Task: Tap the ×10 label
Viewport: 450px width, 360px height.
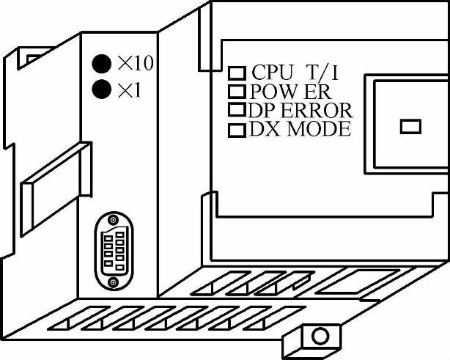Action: pos(135,64)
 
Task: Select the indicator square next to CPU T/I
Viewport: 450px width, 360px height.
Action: pos(236,73)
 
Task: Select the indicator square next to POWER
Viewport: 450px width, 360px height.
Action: pos(236,92)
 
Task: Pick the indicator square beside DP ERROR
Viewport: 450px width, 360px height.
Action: pos(236,111)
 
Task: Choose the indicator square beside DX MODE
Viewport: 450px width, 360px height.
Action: pos(236,131)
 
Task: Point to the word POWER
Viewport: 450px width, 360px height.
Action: pos(289,92)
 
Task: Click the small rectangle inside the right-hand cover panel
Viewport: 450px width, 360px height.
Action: pos(410,127)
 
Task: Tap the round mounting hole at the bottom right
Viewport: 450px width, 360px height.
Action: pos(320,337)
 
